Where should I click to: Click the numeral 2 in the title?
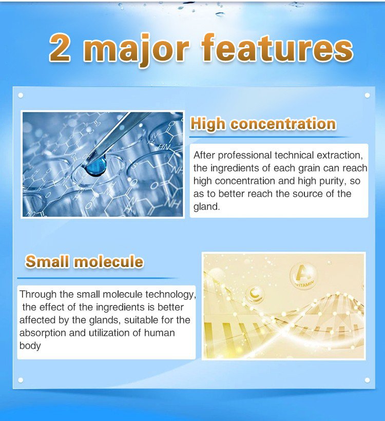tap(60, 48)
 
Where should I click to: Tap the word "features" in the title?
tap(277, 48)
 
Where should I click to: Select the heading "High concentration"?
tap(263, 124)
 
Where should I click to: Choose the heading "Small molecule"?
tap(84, 261)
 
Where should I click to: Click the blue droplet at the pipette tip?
tap(96, 167)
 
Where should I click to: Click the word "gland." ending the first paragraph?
tap(206, 206)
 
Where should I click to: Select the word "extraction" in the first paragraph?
tap(340, 155)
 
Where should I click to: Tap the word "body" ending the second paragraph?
tap(30, 346)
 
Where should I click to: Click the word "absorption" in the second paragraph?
tap(43, 333)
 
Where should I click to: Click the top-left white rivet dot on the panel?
tap(21, 95)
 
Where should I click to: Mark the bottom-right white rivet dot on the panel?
tap(367, 380)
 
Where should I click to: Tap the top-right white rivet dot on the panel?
tap(367, 95)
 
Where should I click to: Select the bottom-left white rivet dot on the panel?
tap(21, 380)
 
